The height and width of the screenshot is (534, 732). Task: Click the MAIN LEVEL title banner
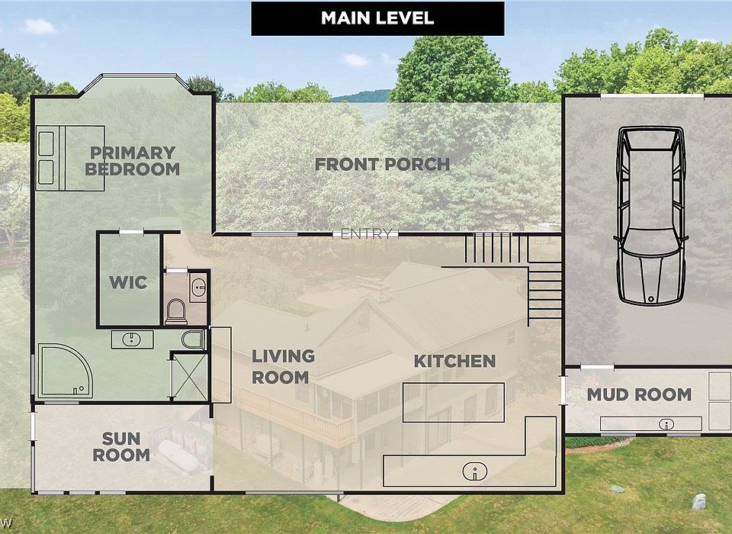[x=377, y=18]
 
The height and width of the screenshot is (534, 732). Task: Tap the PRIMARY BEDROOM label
[x=132, y=161]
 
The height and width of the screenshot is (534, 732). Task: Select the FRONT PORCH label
[x=382, y=164]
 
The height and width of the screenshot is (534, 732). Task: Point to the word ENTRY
[x=367, y=233]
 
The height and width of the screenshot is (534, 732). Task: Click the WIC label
[x=128, y=282]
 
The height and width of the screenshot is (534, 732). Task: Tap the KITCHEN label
[x=454, y=361]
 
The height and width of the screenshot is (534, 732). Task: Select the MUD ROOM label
[x=639, y=394]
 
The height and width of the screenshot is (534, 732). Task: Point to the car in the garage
[x=650, y=214]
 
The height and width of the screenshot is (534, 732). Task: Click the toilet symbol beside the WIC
[x=176, y=310]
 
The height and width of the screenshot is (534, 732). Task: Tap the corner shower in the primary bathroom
[x=65, y=372]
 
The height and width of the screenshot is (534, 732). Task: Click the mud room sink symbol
[x=666, y=423]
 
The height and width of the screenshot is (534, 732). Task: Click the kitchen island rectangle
[x=453, y=402]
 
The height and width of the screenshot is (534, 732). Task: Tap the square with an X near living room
[x=188, y=376]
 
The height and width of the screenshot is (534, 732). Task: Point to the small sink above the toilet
[x=198, y=288]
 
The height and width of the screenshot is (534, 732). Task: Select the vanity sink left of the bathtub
[x=132, y=339]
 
